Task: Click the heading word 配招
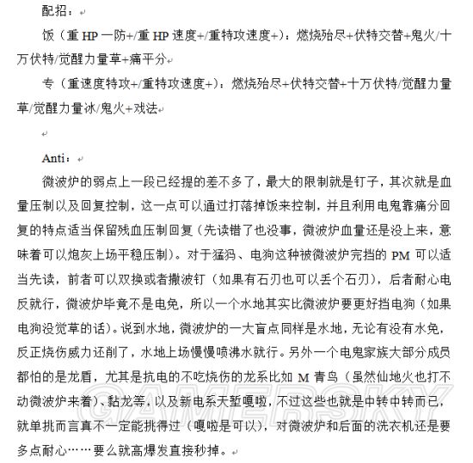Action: [x=54, y=11]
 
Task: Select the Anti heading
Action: [x=55, y=159]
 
